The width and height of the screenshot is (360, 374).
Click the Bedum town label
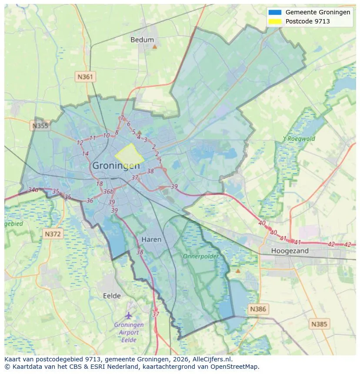point(142,40)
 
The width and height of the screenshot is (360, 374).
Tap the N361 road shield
point(85,77)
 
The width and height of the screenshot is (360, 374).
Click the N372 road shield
point(53,234)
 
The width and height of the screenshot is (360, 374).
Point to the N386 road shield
point(258,309)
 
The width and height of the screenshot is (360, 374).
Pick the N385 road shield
point(320,324)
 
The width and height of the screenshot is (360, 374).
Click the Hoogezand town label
point(290,251)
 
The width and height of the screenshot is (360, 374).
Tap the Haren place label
point(151,239)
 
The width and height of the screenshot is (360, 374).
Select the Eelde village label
point(112,296)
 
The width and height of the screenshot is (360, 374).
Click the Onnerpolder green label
point(200,256)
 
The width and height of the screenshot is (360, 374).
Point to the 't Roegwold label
point(299,139)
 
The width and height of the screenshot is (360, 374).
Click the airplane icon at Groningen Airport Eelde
point(128,315)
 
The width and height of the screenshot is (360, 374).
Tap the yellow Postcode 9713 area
point(129,155)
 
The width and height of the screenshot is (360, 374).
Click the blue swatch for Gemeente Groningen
point(275,13)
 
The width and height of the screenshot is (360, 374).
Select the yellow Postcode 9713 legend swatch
point(275,21)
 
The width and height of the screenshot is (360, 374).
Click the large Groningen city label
point(116,166)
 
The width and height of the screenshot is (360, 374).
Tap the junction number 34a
point(33,190)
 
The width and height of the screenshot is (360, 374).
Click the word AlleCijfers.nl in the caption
point(213,359)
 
